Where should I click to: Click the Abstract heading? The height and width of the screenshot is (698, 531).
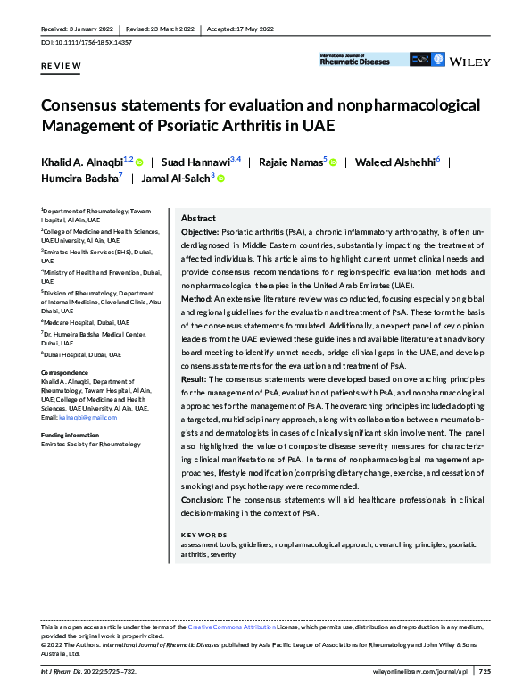pos(198,219)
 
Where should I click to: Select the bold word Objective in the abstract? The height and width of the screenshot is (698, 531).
pos(199,232)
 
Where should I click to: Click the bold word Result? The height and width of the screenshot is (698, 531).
pos(194,378)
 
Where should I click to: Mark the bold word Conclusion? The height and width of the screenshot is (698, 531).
pos(202,500)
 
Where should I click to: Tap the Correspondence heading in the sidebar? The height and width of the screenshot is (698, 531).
pos(63,371)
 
